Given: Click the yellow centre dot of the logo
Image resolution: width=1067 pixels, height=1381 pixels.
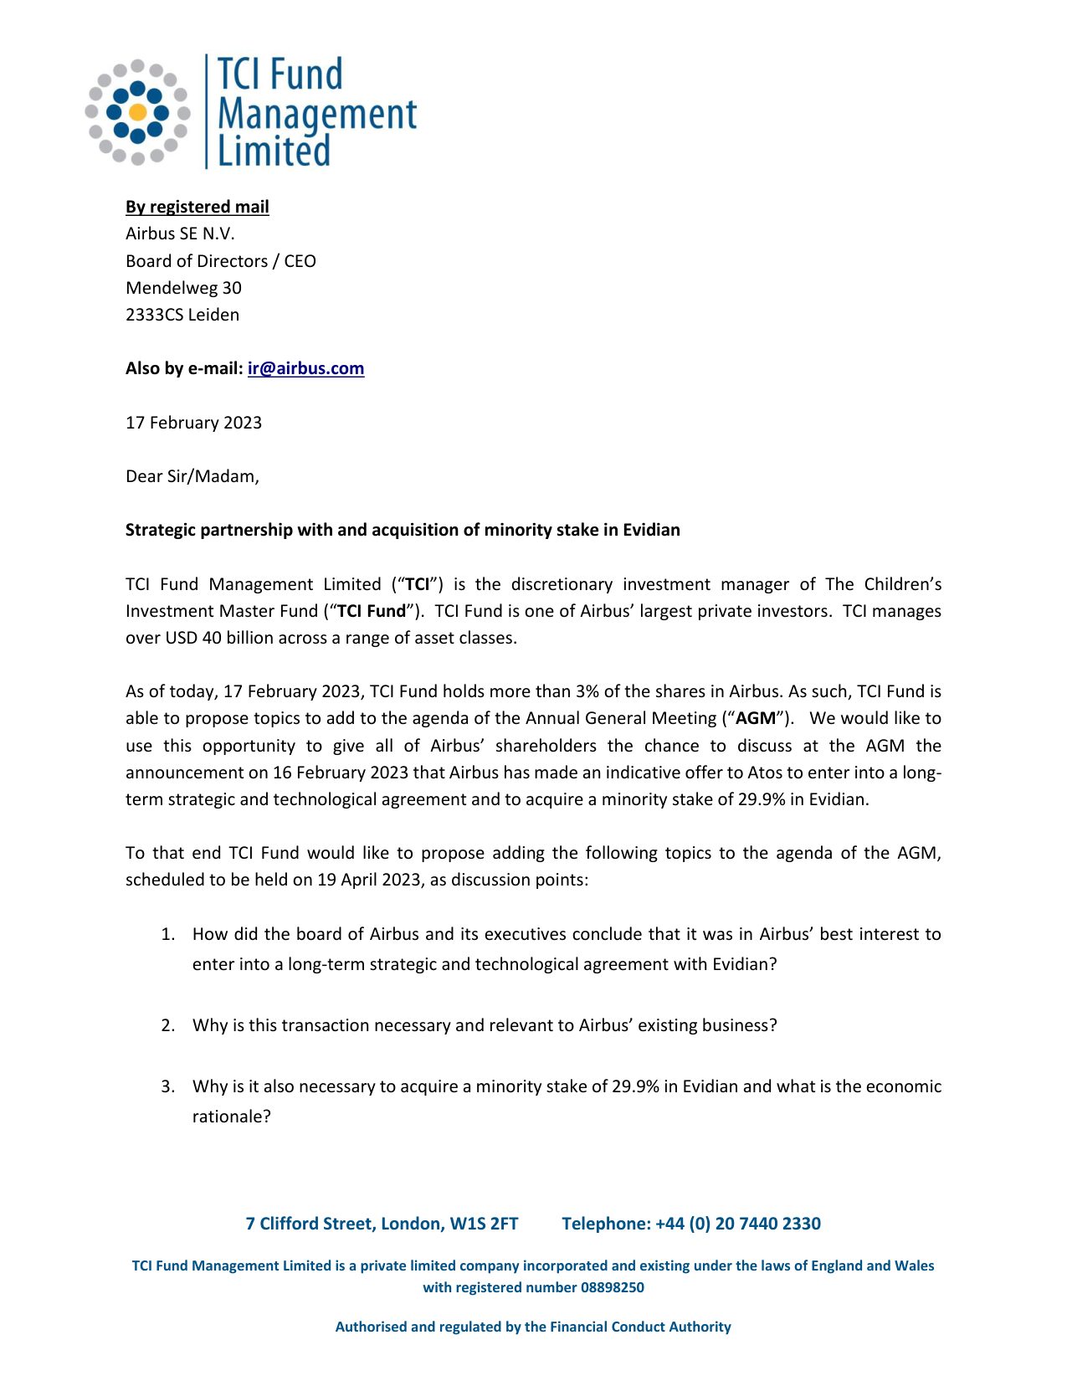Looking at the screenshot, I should point(138,112).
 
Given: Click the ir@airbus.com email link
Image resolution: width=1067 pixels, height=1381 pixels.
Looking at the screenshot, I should point(305,368).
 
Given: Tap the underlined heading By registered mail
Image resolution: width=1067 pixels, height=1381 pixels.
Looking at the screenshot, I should point(197,207).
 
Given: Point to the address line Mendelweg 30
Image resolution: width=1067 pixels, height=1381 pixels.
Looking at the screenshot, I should point(183,288).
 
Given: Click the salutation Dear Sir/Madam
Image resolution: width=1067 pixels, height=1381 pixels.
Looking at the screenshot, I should point(192,476).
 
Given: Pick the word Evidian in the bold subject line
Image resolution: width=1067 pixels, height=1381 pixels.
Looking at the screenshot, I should point(651,530).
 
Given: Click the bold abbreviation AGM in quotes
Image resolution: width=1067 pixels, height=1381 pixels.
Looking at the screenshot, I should point(756,718).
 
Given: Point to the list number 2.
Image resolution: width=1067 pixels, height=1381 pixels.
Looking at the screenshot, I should point(167,1025).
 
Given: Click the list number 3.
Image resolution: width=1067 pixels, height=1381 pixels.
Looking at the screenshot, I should point(167,1086).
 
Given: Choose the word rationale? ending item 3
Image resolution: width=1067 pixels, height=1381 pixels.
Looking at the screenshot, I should point(231,1117).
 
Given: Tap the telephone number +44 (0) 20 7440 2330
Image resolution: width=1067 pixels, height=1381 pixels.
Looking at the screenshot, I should point(737,1224).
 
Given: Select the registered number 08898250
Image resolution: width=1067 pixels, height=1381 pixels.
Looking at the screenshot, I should point(612,1287).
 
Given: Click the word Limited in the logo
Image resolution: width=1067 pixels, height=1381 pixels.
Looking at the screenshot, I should point(274,151).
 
